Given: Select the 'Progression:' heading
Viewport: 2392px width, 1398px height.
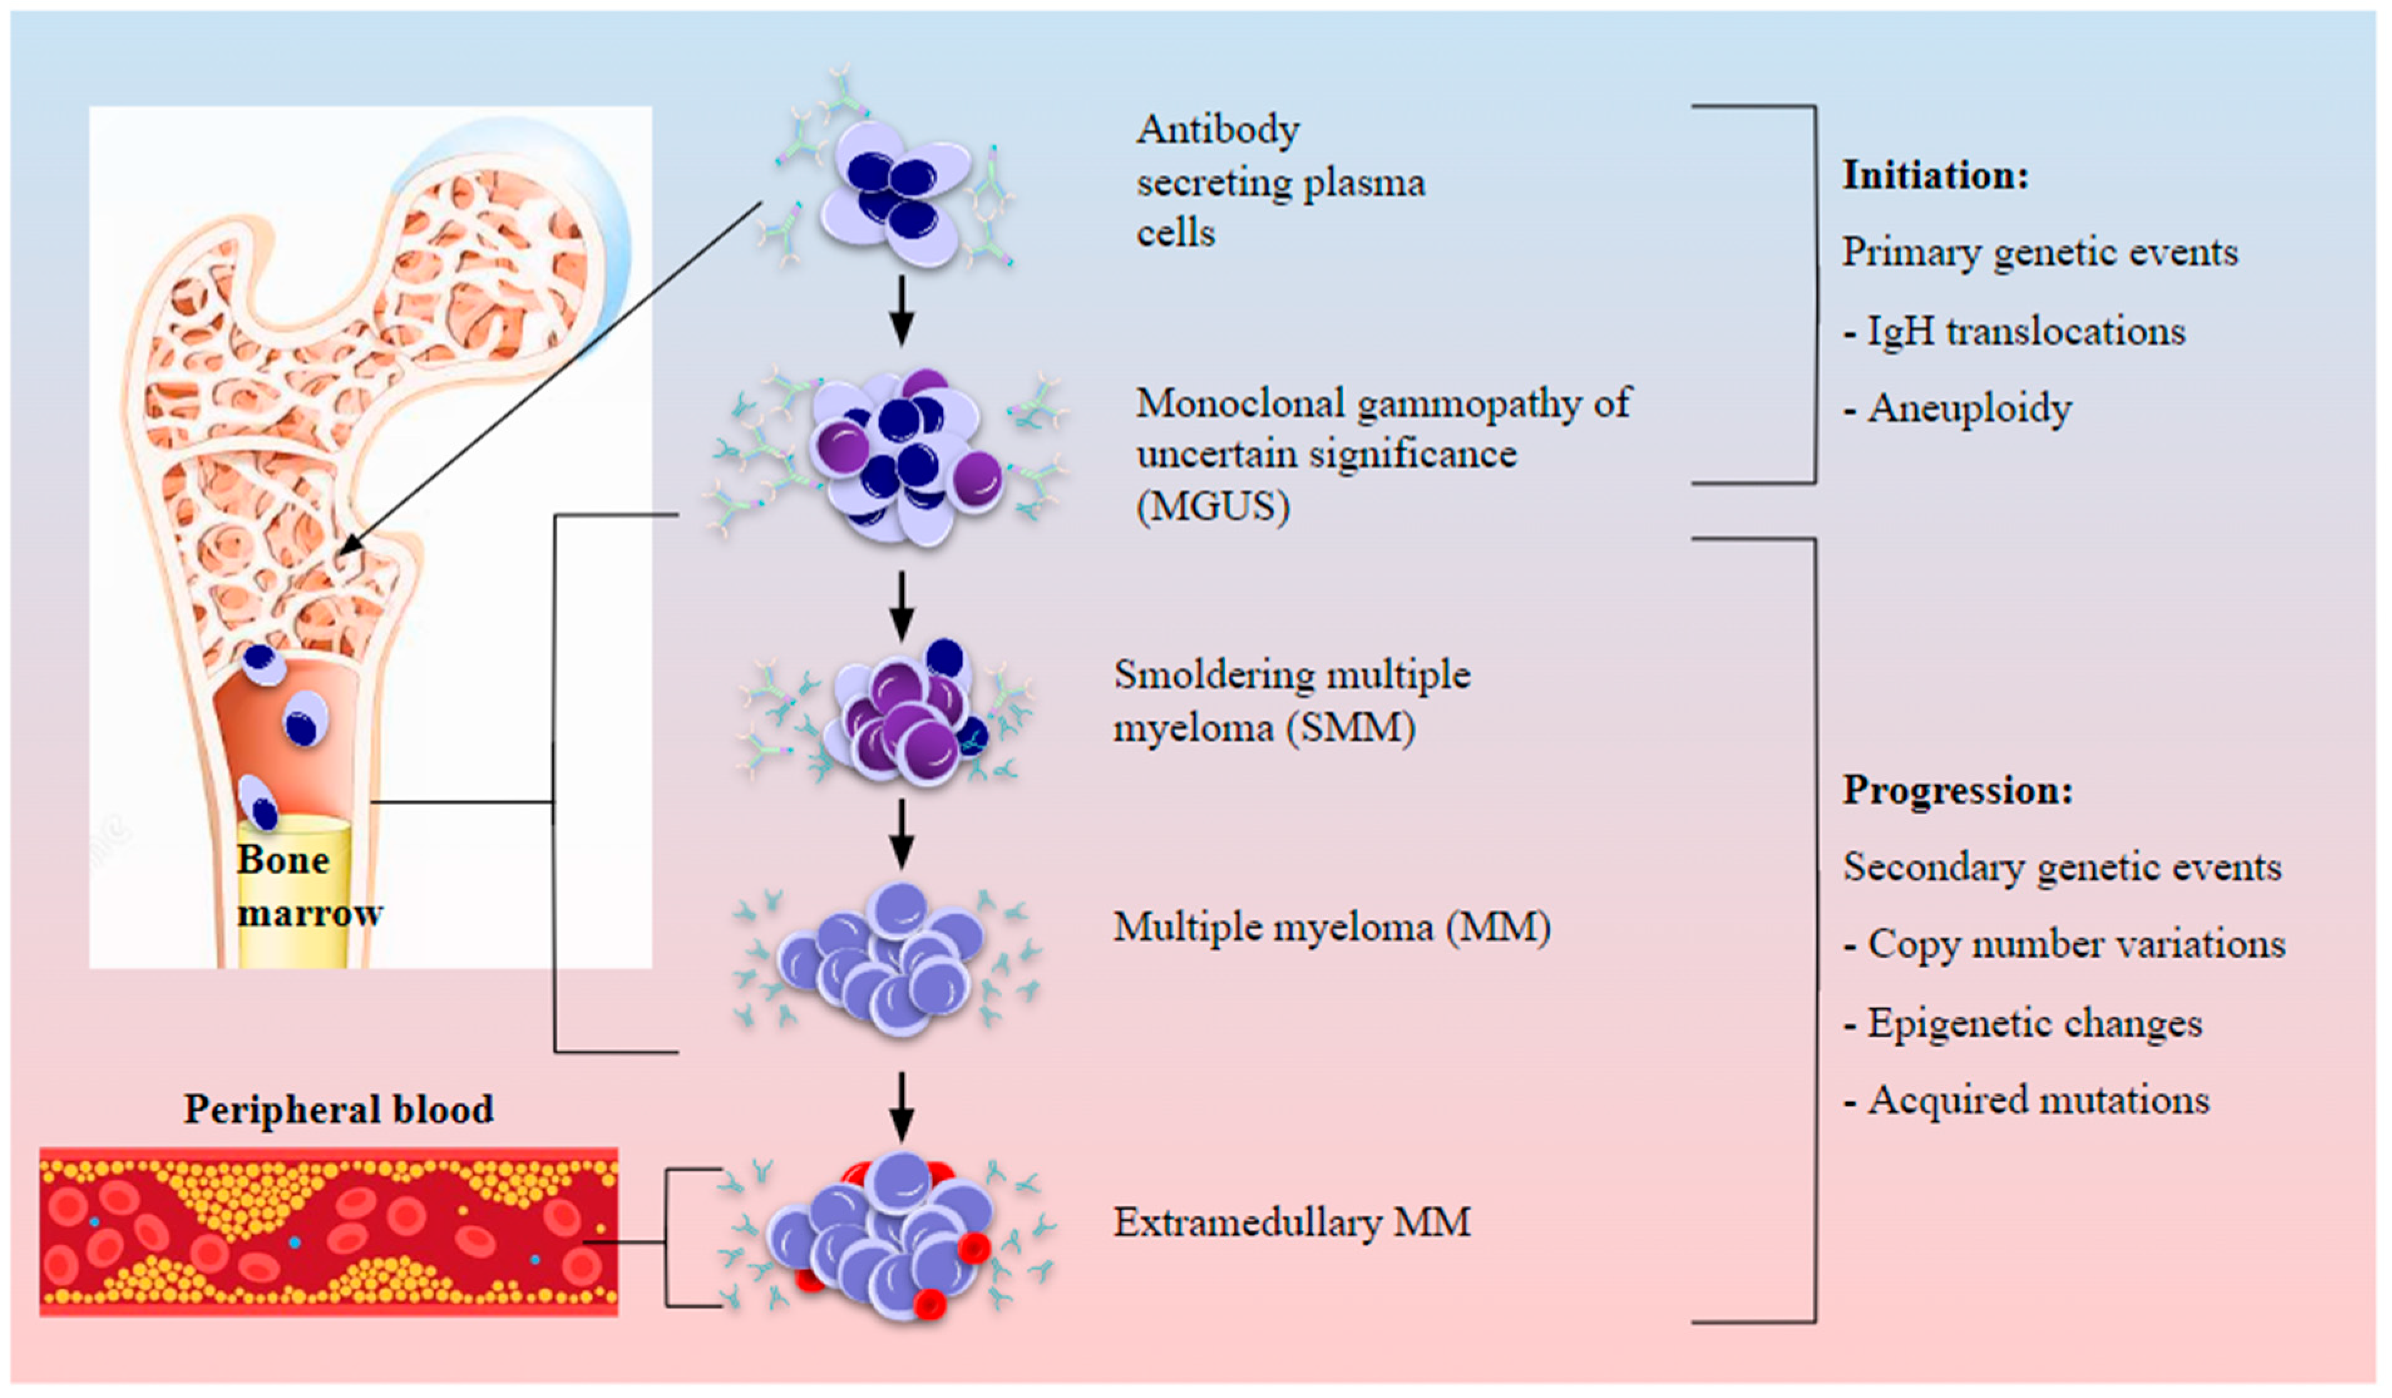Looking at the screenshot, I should click(1957, 791).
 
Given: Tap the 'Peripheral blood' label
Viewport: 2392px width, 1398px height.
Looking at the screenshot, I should click(338, 1108).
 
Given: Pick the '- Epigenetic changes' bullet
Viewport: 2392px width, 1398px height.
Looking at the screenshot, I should click(2022, 1023).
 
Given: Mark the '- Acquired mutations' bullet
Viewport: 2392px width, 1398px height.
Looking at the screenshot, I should click(2026, 1101).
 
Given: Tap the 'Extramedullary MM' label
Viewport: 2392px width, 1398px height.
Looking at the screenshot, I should click(1292, 1222).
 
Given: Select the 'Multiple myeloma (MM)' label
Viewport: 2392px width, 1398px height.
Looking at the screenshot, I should click(1332, 927).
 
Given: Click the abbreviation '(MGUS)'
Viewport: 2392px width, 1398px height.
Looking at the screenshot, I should click(1213, 506).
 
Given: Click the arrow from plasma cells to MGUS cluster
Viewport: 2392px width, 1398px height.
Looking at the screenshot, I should click(902, 310).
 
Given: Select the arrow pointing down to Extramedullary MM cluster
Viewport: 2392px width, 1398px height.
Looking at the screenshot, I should click(902, 1106).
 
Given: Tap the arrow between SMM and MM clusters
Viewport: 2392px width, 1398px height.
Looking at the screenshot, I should click(902, 833).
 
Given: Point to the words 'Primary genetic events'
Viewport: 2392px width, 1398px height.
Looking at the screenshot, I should click(2040, 253).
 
